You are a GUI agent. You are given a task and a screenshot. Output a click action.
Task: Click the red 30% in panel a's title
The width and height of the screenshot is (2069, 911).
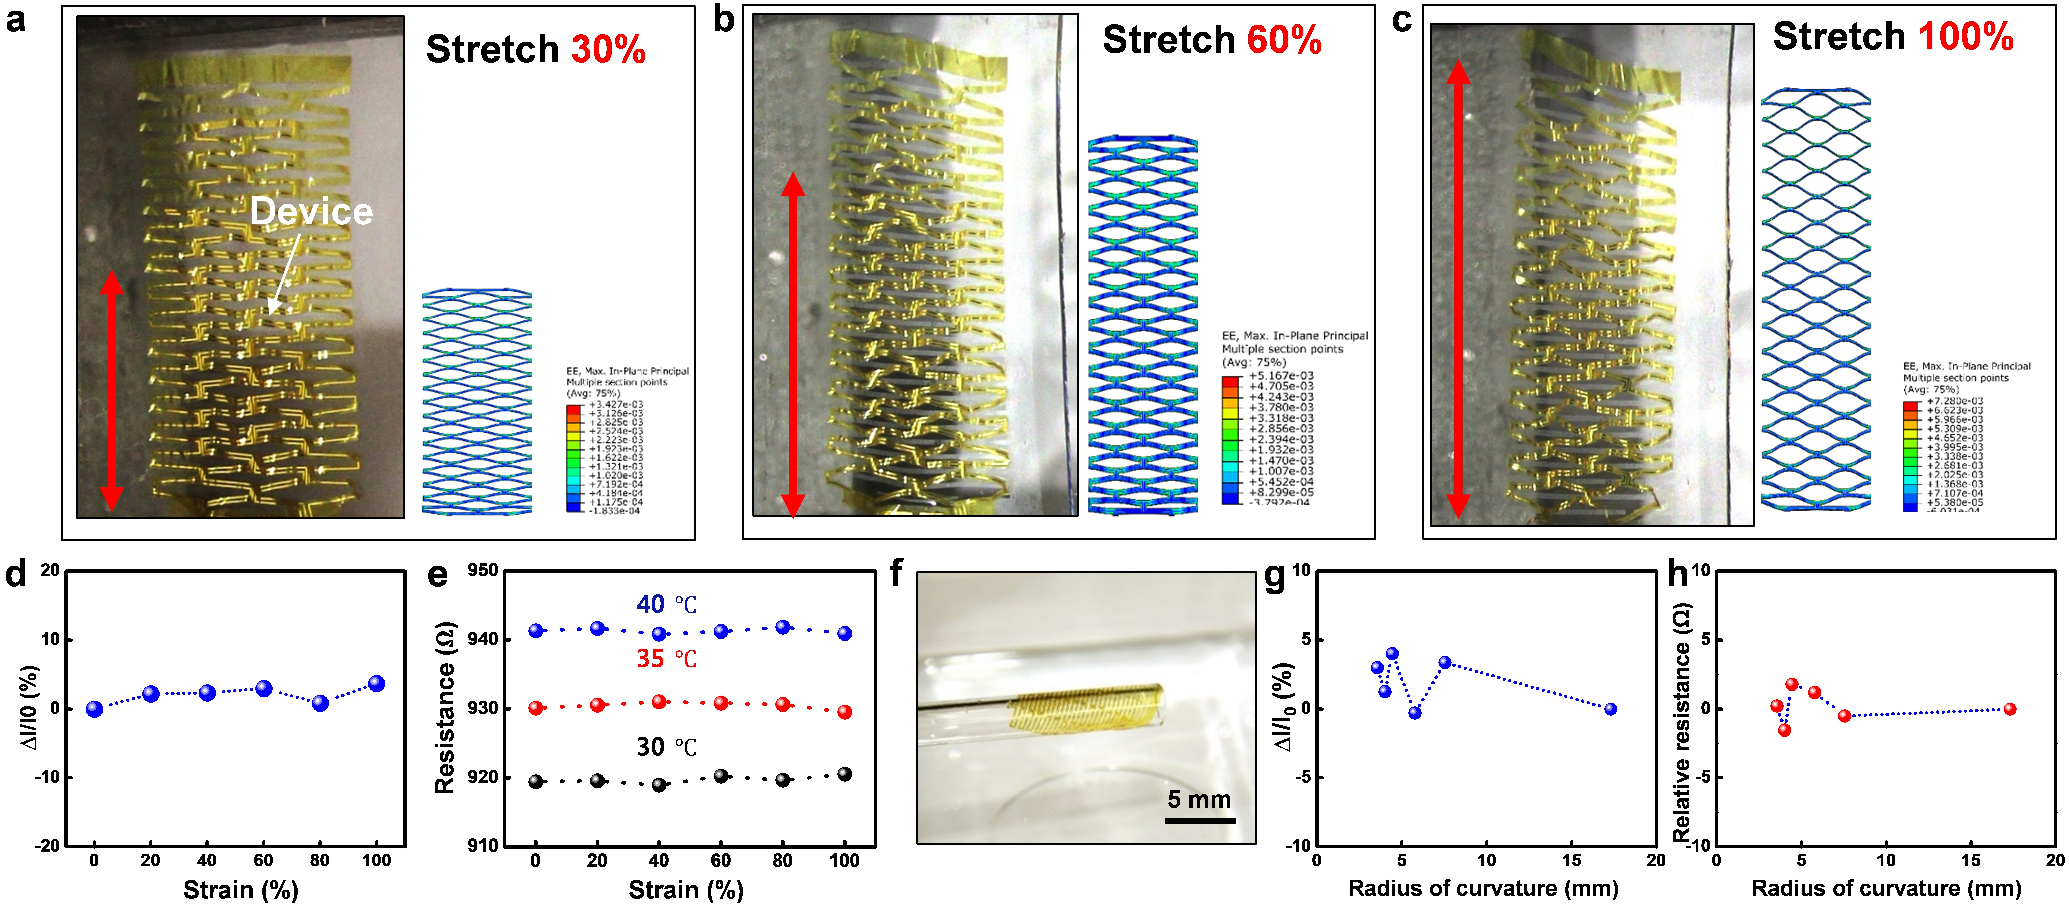click(x=608, y=50)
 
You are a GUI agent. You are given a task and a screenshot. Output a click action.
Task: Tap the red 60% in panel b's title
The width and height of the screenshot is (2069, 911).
click(x=1283, y=40)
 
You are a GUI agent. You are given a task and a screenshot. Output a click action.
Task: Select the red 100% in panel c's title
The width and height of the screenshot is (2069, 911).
click(x=1965, y=37)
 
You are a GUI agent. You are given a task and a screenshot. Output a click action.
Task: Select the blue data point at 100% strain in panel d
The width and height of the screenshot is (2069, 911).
click(x=376, y=684)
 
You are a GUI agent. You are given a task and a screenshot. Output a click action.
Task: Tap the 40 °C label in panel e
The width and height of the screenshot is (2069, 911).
click(x=666, y=604)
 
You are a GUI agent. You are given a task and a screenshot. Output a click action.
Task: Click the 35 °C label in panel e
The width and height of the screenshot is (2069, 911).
click(x=666, y=659)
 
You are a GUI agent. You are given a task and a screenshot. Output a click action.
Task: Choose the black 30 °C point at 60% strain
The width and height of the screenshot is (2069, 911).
click(x=721, y=776)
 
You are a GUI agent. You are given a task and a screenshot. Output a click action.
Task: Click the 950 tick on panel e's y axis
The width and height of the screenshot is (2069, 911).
click(x=483, y=571)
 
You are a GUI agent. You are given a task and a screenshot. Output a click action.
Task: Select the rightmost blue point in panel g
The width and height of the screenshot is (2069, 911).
click(x=1610, y=709)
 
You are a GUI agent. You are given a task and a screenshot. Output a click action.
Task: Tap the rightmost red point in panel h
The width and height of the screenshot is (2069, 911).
click(x=2010, y=709)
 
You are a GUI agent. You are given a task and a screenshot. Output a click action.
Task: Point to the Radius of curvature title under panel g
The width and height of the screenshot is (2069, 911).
click(x=1483, y=889)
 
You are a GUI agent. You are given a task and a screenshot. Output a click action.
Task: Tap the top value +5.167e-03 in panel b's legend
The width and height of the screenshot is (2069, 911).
click(x=1281, y=376)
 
